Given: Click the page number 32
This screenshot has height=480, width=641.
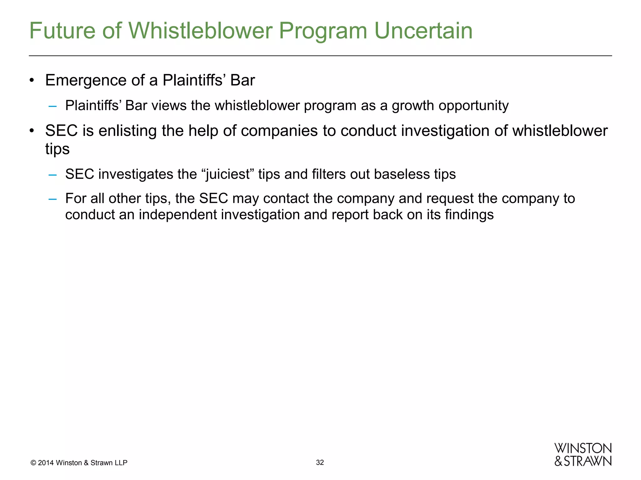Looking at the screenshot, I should [320, 462].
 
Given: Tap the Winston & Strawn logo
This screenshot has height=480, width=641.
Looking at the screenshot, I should [583, 455].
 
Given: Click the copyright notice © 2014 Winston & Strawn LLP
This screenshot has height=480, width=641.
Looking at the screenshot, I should [79, 463].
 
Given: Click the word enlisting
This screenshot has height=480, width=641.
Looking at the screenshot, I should [127, 131].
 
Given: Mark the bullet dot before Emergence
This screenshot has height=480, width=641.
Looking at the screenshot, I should [32, 81].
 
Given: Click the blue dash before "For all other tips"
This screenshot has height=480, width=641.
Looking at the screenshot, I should [53, 199].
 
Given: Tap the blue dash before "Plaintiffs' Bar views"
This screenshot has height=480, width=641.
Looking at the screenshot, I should [53, 106].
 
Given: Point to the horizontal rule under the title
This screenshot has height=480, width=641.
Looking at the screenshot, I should [320, 56].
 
